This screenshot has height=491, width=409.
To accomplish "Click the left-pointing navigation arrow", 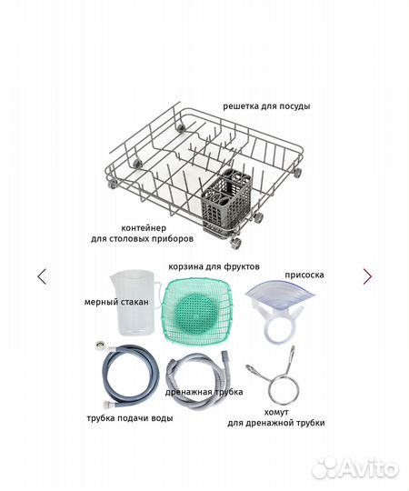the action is [x=42, y=276].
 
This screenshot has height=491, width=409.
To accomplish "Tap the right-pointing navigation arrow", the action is [x=367, y=276].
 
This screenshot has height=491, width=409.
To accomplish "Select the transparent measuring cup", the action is [x=135, y=303].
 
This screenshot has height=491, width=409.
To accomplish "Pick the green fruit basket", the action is [x=198, y=312].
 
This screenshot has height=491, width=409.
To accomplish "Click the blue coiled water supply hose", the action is [x=130, y=376].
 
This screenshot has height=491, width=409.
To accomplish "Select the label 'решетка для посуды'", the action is [x=266, y=106].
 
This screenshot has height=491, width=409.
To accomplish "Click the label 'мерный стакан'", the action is [x=116, y=302].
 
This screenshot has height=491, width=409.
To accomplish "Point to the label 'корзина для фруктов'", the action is [x=214, y=266].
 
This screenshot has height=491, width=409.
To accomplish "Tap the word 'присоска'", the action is [x=304, y=275].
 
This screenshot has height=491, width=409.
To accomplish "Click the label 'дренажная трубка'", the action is [x=204, y=392].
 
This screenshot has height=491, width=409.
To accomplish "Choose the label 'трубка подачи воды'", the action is [x=130, y=418].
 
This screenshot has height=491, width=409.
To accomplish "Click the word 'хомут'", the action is [x=276, y=412].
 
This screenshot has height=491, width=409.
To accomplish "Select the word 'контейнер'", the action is [x=144, y=228].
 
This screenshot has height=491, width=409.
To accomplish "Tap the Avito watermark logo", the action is [x=355, y=468].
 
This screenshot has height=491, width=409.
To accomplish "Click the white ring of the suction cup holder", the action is [x=279, y=340].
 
